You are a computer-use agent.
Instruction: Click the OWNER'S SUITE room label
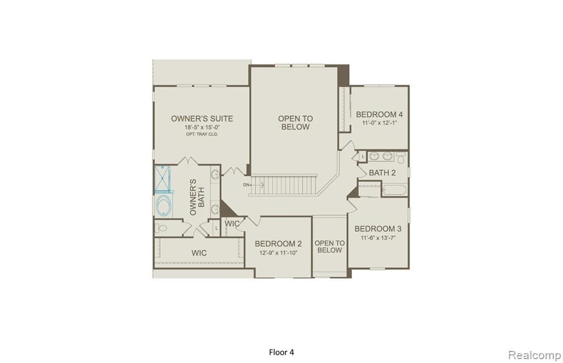(x=202, y=118)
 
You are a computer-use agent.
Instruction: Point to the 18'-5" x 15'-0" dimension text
(x=202, y=127)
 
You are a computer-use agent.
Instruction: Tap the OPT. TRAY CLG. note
(x=202, y=134)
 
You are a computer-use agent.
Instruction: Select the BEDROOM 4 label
(x=379, y=114)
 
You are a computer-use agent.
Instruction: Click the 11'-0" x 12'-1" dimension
(x=379, y=123)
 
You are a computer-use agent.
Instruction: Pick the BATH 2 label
(x=382, y=173)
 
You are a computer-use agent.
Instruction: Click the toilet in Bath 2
(x=401, y=158)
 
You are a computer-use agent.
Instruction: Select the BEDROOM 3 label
(x=378, y=229)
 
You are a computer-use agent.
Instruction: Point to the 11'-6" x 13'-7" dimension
(x=378, y=238)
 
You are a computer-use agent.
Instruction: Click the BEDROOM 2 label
(x=278, y=244)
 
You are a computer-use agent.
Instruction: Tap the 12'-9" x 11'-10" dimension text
(x=278, y=253)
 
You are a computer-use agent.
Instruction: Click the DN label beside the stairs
(x=246, y=185)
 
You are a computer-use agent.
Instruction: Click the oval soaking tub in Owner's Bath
(x=164, y=206)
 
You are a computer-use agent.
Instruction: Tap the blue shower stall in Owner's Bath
(x=163, y=178)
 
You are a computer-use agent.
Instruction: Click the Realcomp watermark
(x=534, y=355)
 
